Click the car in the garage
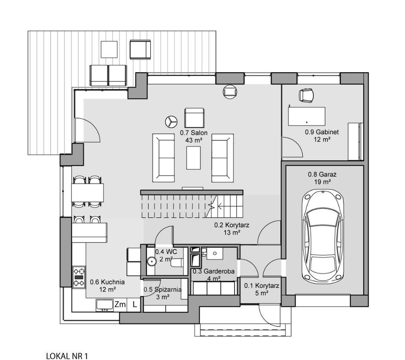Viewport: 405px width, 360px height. tap(323, 236)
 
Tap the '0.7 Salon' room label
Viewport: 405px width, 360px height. tap(194, 133)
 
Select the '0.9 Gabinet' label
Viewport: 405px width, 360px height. tap(322, 132)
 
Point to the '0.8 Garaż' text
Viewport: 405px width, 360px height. tap(322, 174)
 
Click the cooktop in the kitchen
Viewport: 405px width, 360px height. tap(79, 277)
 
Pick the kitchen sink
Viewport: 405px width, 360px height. tap(105, 305)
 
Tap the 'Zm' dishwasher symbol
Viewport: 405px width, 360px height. tap(120, 305)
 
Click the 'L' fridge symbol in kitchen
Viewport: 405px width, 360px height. tap(135, 305)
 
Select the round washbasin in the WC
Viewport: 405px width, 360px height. tap(152, 261)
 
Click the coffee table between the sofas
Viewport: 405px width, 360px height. tap(194, 158)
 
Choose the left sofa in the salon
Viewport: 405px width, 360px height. tap(164, 158)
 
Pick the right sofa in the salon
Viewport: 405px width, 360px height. tap(223, 158)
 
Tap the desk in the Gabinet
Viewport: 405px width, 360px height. tap(306, 116)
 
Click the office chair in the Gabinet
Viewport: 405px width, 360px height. tap(306, 95)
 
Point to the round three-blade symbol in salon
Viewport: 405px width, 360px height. tap(171, 121)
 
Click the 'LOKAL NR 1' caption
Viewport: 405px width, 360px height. tap(67, 356)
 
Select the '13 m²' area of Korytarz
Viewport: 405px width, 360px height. tap(232, 233)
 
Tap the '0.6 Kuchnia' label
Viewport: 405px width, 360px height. tap(107, 282)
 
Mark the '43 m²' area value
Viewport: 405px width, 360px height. tap(194, 140)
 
